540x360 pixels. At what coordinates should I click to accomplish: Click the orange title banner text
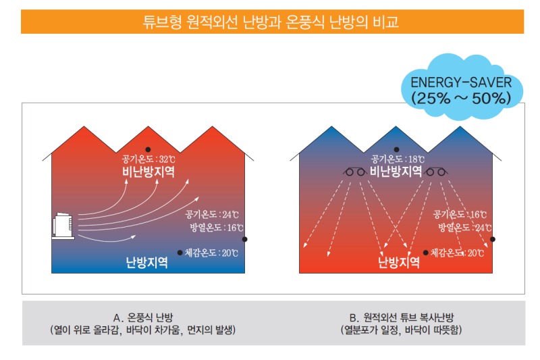coord(271,22)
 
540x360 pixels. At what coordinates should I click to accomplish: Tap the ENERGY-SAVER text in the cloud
coord(461,82)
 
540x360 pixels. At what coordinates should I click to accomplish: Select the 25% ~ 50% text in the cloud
coord(461,99)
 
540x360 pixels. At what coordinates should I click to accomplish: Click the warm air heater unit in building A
coord(63,226)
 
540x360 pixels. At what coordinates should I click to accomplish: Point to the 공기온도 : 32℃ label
coord(148,159)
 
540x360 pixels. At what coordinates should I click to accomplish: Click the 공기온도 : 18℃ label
coord(398,159)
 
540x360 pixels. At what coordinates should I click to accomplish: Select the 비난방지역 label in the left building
coord(148,172)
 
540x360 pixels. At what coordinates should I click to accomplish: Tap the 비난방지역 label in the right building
coord(396,171)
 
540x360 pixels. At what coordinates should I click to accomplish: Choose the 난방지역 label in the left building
coord(147,263)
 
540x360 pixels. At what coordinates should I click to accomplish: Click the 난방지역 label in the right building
coord(399,263)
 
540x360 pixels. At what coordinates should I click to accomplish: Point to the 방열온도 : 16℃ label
coord(217,228)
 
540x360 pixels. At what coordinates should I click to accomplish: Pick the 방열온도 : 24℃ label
coord(464,228)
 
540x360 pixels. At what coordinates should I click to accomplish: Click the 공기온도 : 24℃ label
coord(212,215)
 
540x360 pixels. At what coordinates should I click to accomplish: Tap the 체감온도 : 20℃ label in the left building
coord(211,253)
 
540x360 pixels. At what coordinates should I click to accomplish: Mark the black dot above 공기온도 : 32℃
coord(148,149)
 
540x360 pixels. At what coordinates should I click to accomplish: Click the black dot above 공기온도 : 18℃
coord(396,149)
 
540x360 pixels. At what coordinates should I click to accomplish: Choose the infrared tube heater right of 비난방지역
coord(436,172)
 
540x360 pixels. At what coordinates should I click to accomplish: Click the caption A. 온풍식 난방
coord(143,317)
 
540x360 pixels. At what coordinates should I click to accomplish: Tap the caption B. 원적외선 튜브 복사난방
coord(402,317)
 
